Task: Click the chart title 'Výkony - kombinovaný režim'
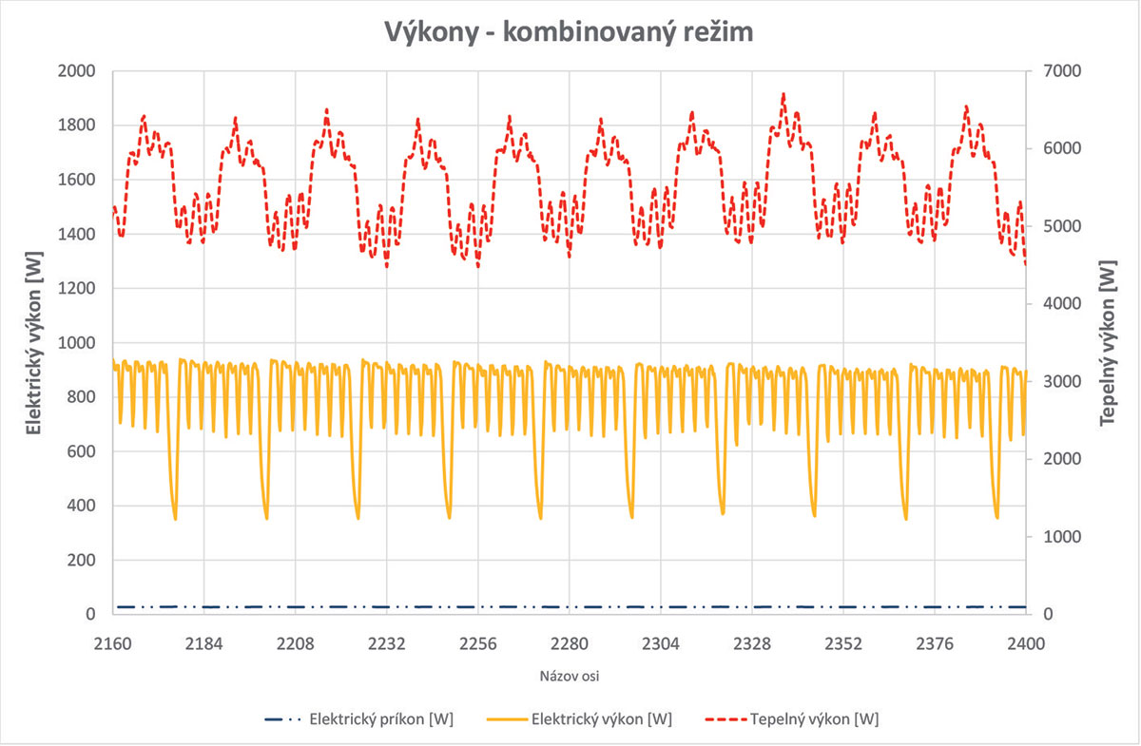coord(570,30)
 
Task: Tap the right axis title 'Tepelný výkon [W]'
coord(1108,343)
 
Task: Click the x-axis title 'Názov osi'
coord(570,677)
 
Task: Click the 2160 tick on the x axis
coord(112,643)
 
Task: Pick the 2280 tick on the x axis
coord(570,643)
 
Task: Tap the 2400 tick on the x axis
coord(1026,643)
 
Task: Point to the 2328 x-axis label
coord(752,643)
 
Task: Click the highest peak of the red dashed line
coord(783,94)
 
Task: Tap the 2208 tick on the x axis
coord(295,643)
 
